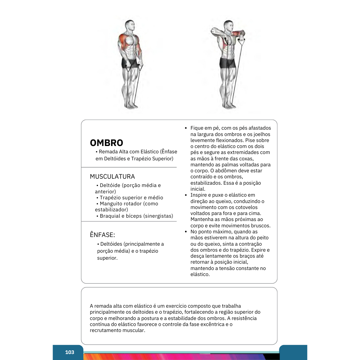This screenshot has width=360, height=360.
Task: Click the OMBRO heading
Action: tap(106, 143)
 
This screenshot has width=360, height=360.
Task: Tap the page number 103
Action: tap(70, 352)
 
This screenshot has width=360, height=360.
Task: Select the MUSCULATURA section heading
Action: tap(112, 177)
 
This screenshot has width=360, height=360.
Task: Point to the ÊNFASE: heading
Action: tap(102, 235)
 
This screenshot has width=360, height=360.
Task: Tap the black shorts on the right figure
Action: tap(227, 63)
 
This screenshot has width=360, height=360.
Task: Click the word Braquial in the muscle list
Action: tap(110, 216)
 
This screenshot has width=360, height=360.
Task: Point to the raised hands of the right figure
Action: tap(241, 34)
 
